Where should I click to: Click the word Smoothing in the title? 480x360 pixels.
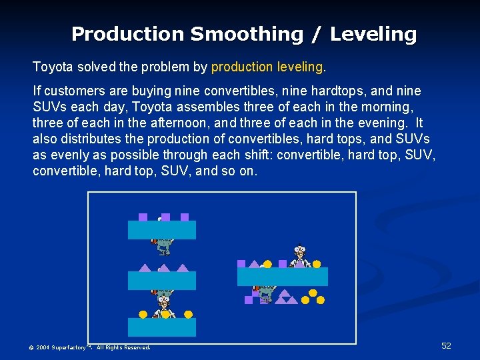247,34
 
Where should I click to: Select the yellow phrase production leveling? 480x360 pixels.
269,67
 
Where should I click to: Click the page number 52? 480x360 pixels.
446,345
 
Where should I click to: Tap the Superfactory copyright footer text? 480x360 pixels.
89,347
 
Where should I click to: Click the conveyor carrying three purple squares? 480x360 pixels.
161,230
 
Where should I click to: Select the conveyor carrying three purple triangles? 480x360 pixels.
161,281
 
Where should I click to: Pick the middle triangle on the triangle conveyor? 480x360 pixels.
163,268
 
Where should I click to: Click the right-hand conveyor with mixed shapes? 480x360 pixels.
283,277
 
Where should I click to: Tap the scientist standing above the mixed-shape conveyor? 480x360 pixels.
300,256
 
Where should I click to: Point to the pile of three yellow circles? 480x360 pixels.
312,297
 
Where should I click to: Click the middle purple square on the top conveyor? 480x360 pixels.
165,217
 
